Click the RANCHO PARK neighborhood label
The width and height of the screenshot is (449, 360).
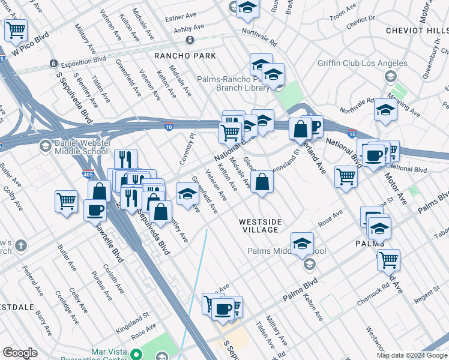click(x=184, y=56)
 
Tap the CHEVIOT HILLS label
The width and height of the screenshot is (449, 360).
click(x=414, y=31)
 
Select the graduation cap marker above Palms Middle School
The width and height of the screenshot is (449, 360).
click(x=302, y=243)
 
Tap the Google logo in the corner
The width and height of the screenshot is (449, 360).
click(x=20, y=353)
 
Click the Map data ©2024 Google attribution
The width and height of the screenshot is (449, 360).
click(x=412, y=355)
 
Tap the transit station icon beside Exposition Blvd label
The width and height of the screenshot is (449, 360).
click(x=53, y=63)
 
